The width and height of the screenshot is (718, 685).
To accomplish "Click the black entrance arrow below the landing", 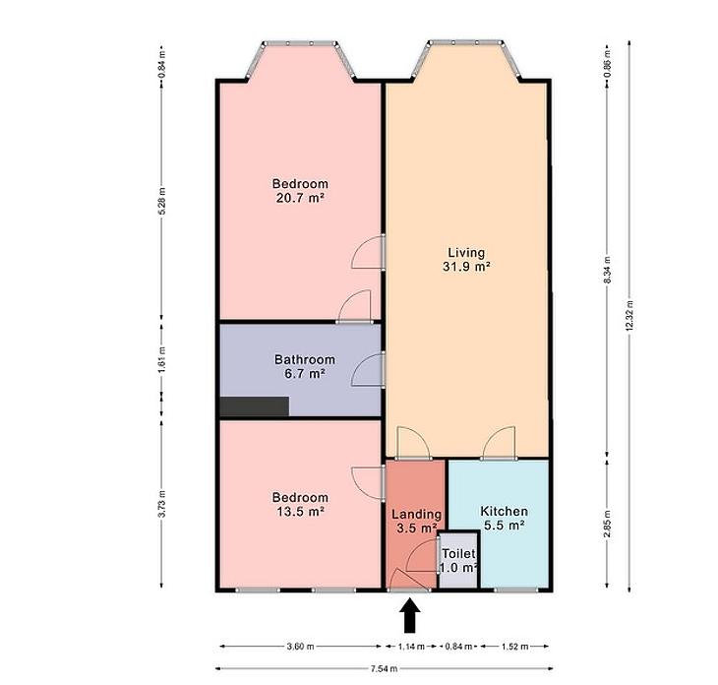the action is coord(410,616).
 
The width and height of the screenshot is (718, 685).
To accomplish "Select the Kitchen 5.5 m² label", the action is coord(504,519).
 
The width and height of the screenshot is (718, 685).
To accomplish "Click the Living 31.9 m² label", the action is coord(466,260).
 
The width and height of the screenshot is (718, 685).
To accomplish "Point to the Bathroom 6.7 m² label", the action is coord(305,366).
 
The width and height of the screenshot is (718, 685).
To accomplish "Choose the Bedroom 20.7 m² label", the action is coord(300,191).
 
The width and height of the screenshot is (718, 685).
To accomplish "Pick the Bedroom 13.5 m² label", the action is coord(300,504).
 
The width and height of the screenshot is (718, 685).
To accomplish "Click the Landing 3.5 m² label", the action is coord(416,521).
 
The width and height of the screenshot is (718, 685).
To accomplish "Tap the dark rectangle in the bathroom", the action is coord(255,406).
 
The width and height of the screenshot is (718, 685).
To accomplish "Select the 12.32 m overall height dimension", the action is coord(629,316).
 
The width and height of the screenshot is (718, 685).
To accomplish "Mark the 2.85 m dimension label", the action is coord(607,524).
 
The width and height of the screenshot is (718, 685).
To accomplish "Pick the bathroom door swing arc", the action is coord(368,370).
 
